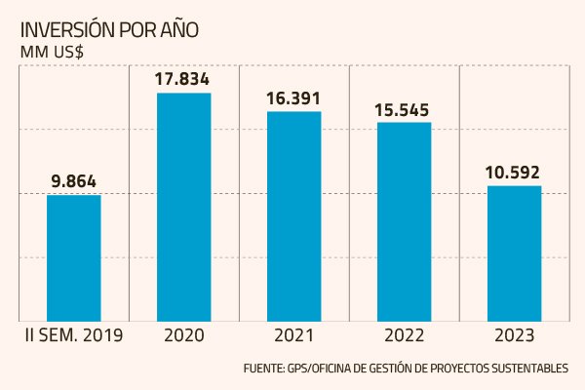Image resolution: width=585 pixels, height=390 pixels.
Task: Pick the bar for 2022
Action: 404,221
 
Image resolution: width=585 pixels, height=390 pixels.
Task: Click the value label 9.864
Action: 74,180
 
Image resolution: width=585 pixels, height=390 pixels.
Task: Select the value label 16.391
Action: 293,97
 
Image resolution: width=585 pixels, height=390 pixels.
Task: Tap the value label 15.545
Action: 404,109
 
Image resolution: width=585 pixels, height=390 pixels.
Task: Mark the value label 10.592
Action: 514,173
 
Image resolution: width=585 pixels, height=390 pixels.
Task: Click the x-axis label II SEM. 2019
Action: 73,336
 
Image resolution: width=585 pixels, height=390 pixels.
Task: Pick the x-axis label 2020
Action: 183,336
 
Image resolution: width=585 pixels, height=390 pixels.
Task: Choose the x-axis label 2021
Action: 293,336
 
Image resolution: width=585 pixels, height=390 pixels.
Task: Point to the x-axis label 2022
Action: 404,336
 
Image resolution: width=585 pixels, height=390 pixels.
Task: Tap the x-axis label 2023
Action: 514,336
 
